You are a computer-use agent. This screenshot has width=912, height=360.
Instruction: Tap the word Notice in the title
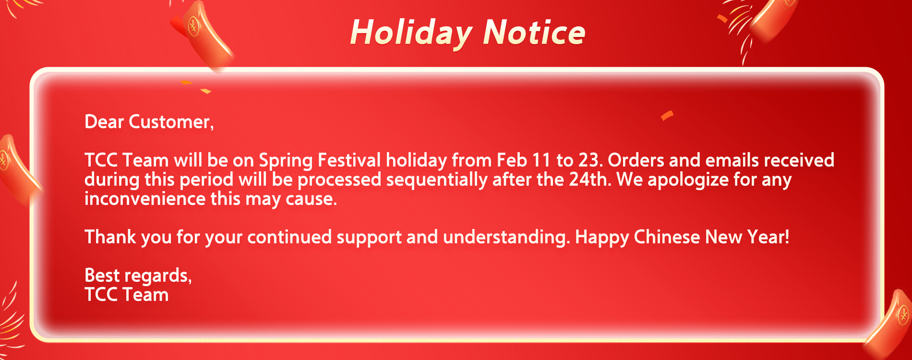coord(534,32)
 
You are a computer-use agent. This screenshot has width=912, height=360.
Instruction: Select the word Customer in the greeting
coord(171,122)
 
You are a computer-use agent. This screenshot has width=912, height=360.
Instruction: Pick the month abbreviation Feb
coord(512,160)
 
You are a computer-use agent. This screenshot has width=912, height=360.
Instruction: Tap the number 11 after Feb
coord(541,160)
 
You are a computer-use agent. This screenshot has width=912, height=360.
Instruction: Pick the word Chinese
coord(667,237)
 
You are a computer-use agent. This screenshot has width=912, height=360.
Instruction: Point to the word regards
coord(158,276)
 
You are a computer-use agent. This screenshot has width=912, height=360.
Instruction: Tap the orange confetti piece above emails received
coord(667,116)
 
